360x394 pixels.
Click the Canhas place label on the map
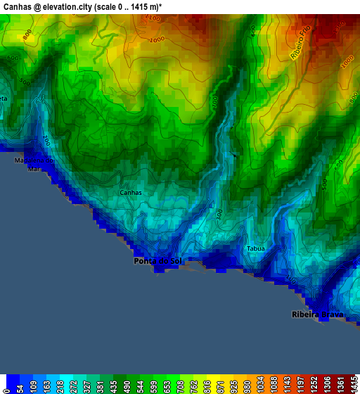[x=131, y=192]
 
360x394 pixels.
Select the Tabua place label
[x=255, y=248]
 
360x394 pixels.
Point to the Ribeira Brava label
[x=317, y=314]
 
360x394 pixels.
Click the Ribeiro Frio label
[x=300, y=42]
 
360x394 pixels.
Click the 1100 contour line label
[x=153, y=19]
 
